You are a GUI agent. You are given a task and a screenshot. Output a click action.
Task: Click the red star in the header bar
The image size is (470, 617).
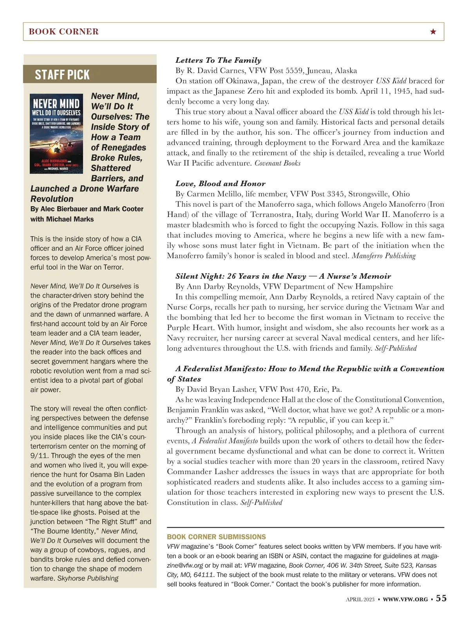click(x=433, y=32)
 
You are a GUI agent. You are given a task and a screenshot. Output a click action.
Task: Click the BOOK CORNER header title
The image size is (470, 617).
click(x=63, y=32)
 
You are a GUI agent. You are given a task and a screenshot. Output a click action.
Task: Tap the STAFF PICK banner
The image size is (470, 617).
click(x=62, y=74)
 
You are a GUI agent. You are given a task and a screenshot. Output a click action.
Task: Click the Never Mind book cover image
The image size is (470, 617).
click(x=56, y=133)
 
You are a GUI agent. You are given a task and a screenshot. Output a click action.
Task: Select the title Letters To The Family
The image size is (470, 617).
click(x=218, y=60)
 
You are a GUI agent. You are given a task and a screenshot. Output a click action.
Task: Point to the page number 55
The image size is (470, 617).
click(x=441, y=598)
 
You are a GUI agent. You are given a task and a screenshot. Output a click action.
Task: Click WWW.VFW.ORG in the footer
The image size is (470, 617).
click(x=405, y=599)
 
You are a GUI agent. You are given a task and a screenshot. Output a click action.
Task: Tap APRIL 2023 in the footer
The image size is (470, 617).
click(x=360, y=599)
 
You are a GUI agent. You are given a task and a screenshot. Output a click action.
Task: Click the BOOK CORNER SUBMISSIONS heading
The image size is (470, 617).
click(x=216, y=537)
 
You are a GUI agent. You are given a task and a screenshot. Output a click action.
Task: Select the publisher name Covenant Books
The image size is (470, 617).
click(x=277, y=163)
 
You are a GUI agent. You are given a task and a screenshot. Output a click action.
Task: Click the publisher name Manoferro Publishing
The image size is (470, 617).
click(x=383, y=256)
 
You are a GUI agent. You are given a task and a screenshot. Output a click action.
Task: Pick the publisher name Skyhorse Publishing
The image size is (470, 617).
click(x=88, y=578)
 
